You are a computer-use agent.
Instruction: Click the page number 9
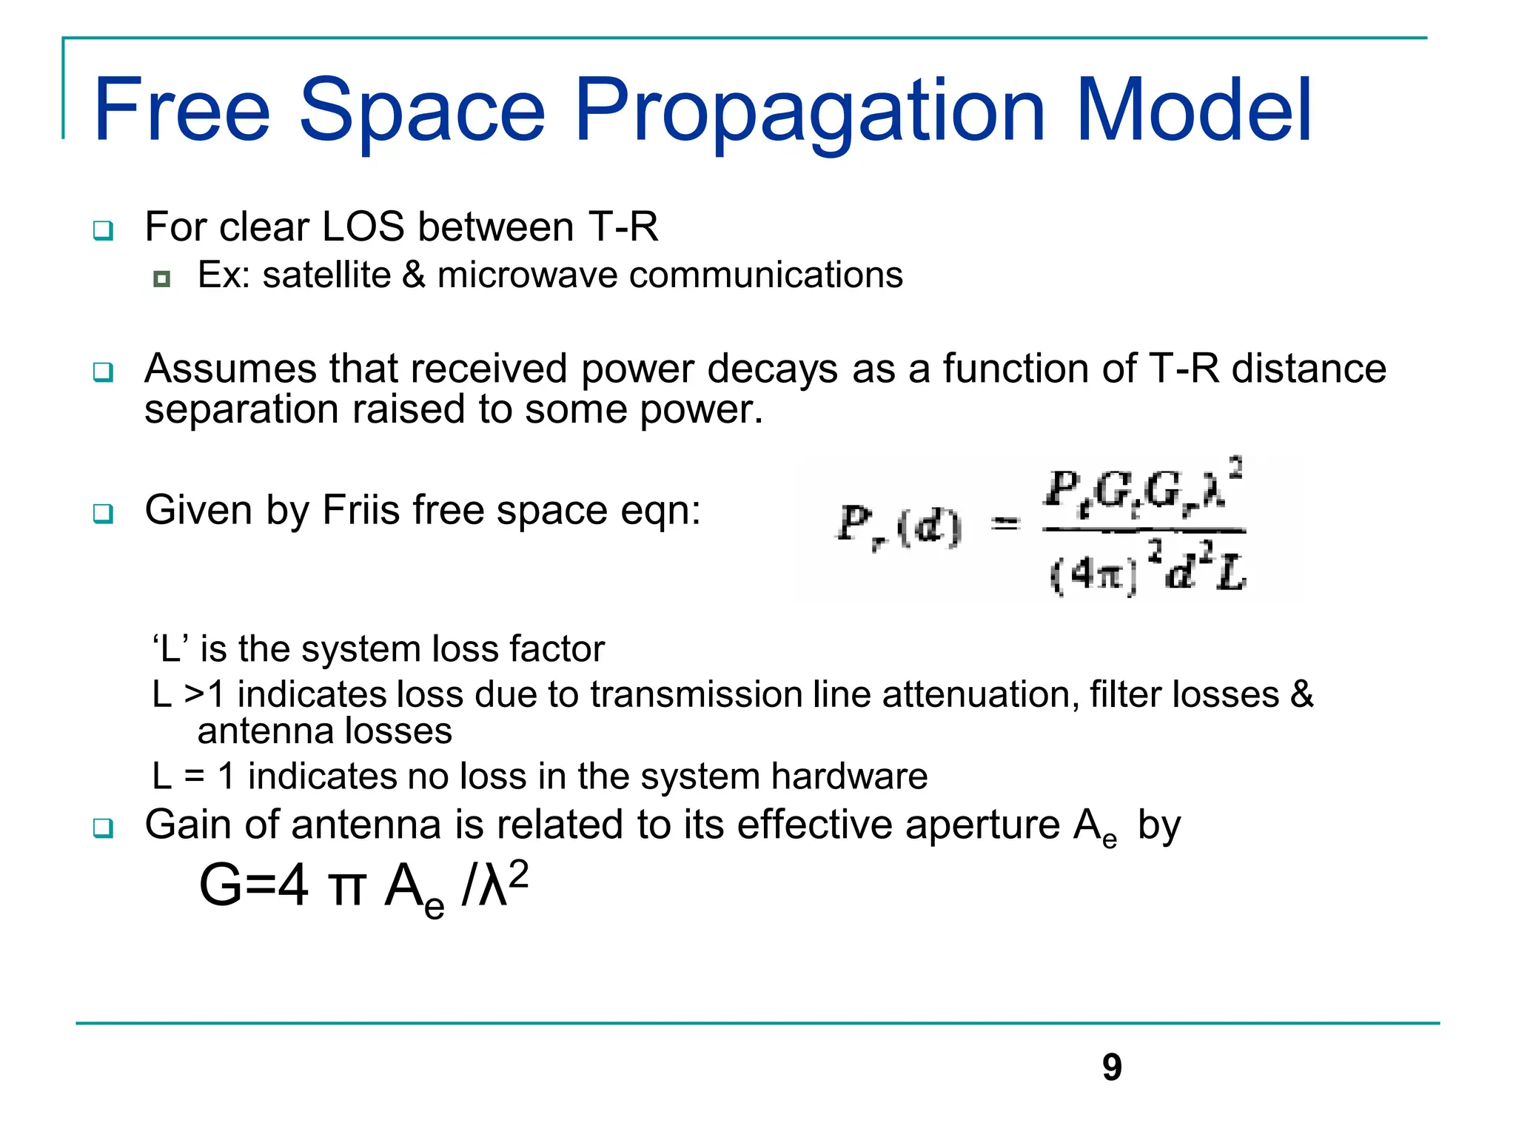click(x=1112, y=1067)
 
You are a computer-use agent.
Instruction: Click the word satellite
click(x=326, y=275)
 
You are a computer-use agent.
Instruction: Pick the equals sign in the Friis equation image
click(x=1005, y=525)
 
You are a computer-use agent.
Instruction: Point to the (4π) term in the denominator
click(x=1093, y=574)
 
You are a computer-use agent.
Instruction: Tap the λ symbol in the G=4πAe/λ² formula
click(x=492, y=887)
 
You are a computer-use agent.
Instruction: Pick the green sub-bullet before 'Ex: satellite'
click(x=162, y=279)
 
